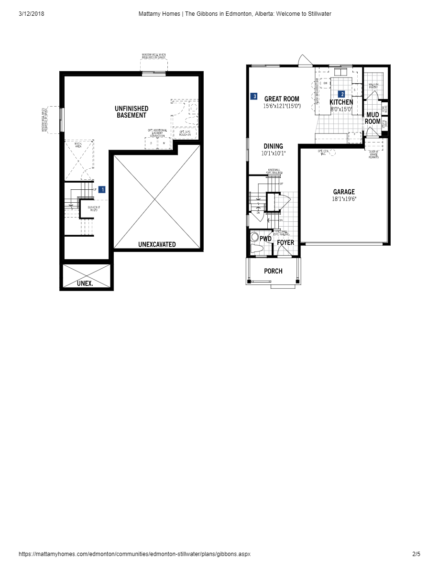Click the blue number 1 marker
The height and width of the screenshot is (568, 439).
[102, 189]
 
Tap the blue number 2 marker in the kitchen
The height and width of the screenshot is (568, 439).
[342, 94]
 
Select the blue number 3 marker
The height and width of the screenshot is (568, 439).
[255, 97]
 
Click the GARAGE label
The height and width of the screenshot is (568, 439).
[344, 192]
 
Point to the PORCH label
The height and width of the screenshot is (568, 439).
[273, 271]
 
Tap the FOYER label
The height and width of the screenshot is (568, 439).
[285, 242]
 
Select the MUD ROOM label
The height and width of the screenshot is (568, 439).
[373, 118]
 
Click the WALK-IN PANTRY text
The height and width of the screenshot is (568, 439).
[373, 86]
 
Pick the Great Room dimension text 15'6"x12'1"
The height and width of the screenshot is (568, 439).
[282, 106]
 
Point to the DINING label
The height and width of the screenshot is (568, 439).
[273, 146]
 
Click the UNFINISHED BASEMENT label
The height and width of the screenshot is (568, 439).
[132, 112]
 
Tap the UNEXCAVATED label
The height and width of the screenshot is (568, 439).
[157, 244]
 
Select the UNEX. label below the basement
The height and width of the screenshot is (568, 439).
[85, 284]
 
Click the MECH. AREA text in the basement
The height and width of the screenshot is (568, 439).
[78, 145]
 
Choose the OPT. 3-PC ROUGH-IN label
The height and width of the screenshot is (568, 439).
[185, 133]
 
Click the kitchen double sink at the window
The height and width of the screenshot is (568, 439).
[341, 72]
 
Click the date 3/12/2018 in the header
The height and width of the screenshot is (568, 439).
[32, 14]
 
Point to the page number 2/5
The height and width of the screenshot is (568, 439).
[416, 554]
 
